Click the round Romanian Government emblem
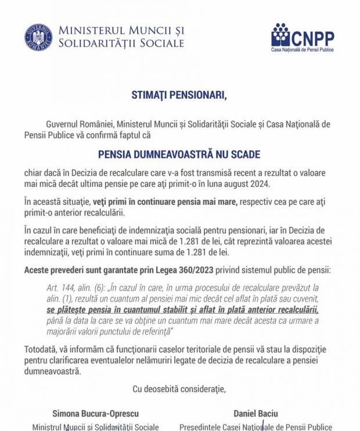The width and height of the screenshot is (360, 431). (38, 37)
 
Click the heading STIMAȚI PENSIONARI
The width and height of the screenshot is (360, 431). (179, 95)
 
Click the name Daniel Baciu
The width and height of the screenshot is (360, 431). (255, 414)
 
